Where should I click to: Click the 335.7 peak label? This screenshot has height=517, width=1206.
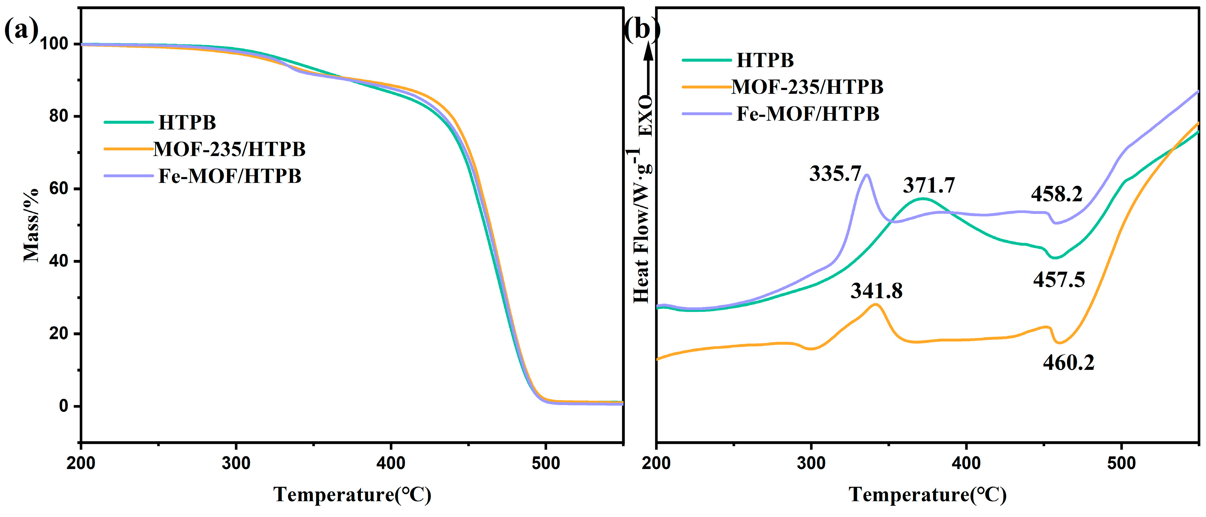[x=835, y=174]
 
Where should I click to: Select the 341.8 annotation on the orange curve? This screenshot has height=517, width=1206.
[x=876, y=291]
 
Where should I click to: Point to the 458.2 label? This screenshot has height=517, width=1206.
[x=1057, y=194]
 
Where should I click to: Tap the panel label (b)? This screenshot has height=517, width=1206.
[x=641, y=30]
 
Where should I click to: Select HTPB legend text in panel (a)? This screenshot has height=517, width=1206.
[x=187, y=123]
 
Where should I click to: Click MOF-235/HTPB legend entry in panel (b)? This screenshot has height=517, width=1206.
[x=807, y=87]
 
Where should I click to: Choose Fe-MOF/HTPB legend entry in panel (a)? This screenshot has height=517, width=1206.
[x=230, y=176]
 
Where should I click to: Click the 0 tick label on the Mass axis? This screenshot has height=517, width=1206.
[x=64, y=406]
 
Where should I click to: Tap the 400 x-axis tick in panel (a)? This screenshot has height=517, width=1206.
[x=391, y=464]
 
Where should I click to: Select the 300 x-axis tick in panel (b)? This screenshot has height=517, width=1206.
[x=811, y=464]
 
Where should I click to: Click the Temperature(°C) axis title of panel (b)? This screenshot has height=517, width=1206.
[x=927, y=495]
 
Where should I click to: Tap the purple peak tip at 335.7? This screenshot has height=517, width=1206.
[x=867, y=175]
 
